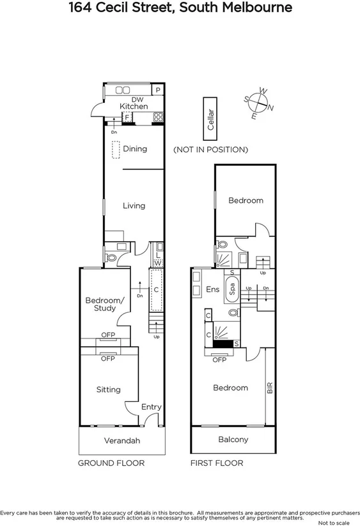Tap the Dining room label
(x=135, y=148)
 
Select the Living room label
(x=134, y=205)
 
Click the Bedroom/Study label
(x=101, y=304)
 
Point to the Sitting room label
(x=108, y=389)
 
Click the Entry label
(x=152, y=407)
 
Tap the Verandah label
(x=121, y=441)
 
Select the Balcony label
(x=233, y=440)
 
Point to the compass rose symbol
(x=259, y=103)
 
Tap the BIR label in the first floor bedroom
(x=270, y=387)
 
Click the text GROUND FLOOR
(x=111, y=463)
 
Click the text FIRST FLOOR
(x=217, y=463)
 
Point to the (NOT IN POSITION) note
(x=210, y=150)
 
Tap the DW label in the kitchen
(x=136, y=99)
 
